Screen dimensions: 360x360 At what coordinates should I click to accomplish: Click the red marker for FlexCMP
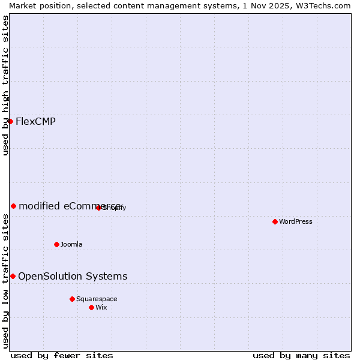tap(10, 121)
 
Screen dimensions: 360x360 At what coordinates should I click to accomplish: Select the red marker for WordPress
tap(275, 221)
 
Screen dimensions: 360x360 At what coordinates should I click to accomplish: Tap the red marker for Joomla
tap(56, 244)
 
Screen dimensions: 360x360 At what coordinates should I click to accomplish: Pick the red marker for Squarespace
tap(72, 299)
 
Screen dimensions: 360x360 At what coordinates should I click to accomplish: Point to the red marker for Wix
tap(91, 307)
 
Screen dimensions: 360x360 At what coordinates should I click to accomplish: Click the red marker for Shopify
tap(98, 208)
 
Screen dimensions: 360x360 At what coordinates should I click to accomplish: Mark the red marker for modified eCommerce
tap(13, 206)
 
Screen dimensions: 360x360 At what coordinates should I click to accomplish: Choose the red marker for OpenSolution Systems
tap(13, 276)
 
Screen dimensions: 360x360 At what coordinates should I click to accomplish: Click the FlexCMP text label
tap(35, 122)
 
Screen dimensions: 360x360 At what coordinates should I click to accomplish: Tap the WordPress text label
tap(296, 221)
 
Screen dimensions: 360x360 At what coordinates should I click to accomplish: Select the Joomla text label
tap(71, 244)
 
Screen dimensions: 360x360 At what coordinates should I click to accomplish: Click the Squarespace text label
tap(97, 299)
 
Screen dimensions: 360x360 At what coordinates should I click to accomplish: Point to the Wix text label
tap(101, 307)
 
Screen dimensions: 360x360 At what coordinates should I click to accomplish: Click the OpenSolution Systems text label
tap(73, 276)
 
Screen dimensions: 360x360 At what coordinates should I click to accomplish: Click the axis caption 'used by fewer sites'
tap(62, 355)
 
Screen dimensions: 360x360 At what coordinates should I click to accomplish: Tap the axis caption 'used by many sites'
tap(301, 355)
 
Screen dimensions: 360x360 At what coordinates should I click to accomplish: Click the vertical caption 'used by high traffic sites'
tap(6, 85)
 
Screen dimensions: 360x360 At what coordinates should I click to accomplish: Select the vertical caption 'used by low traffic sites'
tap(6, 281)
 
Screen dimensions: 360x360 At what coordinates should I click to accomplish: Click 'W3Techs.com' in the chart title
tap(321, 5)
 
